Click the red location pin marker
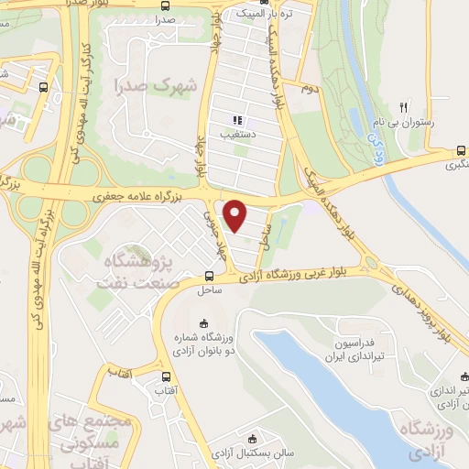[236, 215]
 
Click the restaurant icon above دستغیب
[236, 120]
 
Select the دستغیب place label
[236, 134]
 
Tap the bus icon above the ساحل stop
[210, 276]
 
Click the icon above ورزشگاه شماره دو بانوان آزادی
[203, 322]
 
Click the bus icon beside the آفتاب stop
[166, 376]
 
